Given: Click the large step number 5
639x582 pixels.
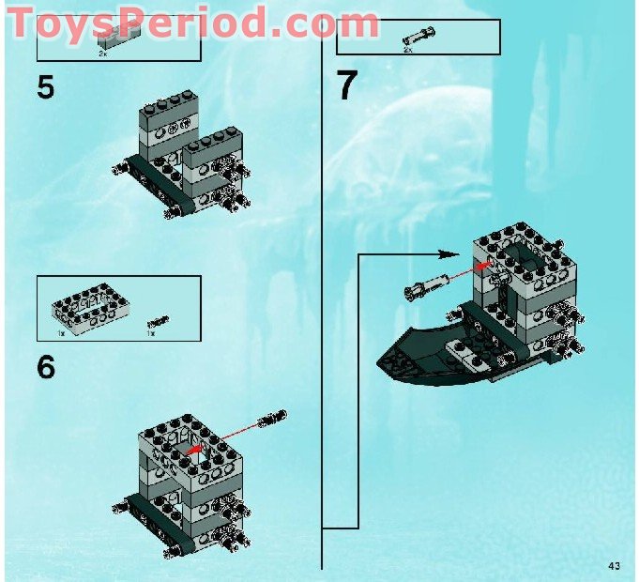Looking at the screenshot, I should pyautogui.click(x=45, y=87).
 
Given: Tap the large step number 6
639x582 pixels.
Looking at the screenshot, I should pyautogui.click(x=46, y=367).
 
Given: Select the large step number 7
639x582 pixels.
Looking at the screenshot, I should pyautogui.click(x=347, y=86).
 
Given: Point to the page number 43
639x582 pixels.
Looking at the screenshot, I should pyautogui.click(x=615, y=565).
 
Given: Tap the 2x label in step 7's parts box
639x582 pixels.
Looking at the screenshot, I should pyautogui.click(x=408, y=49).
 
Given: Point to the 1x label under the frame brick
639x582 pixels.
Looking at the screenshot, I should pyautogui.click(x=61, y=333).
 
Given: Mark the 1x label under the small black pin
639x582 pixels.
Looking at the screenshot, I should pyautogui.click(x=150, y=333).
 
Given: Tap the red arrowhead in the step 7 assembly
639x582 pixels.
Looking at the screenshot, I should pyautogui.click(x=484, y=267).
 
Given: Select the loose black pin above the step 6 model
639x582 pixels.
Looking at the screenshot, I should pyautogui.click(x=273, y=417).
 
